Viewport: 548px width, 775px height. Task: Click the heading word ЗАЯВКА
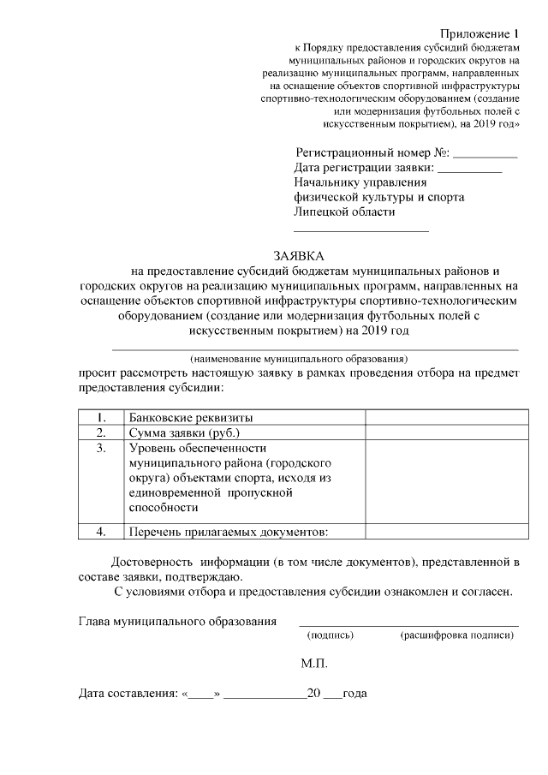click(298, 255)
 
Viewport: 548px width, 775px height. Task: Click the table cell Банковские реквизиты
click(191, 418)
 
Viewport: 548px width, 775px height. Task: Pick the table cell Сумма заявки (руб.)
click(185, 433)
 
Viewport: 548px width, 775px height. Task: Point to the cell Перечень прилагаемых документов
click(229, 532)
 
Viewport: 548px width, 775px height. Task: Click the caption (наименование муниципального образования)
click(299, 358)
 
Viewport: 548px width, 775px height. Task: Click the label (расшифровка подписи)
click(456, 636)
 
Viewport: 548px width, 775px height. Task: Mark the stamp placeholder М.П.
click(314, 663)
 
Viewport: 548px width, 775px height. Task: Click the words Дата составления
click(124, 693)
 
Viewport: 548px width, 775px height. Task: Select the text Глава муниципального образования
click(177, 621)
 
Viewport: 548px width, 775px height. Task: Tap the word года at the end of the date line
click(354, 693)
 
